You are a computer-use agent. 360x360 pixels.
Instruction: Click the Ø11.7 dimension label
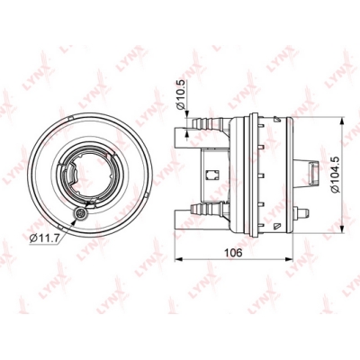tap(45, 238)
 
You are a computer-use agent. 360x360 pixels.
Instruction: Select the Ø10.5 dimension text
tap(182, 94)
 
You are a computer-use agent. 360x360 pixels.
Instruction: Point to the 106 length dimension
tap(233, 253)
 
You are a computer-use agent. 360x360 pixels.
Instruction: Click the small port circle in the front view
tap(81, 213)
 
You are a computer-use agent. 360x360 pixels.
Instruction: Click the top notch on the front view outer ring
tap(69, 118)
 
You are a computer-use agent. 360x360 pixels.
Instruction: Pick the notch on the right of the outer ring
tap(146, 195)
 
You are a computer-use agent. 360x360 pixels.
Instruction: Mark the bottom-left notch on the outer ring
tap(59, 225)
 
